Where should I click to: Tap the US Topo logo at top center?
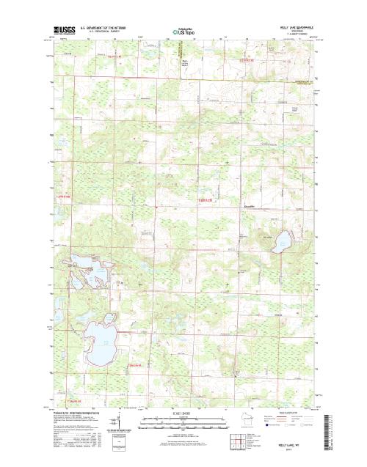pos(183,32)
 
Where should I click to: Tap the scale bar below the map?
pos(183,422)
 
